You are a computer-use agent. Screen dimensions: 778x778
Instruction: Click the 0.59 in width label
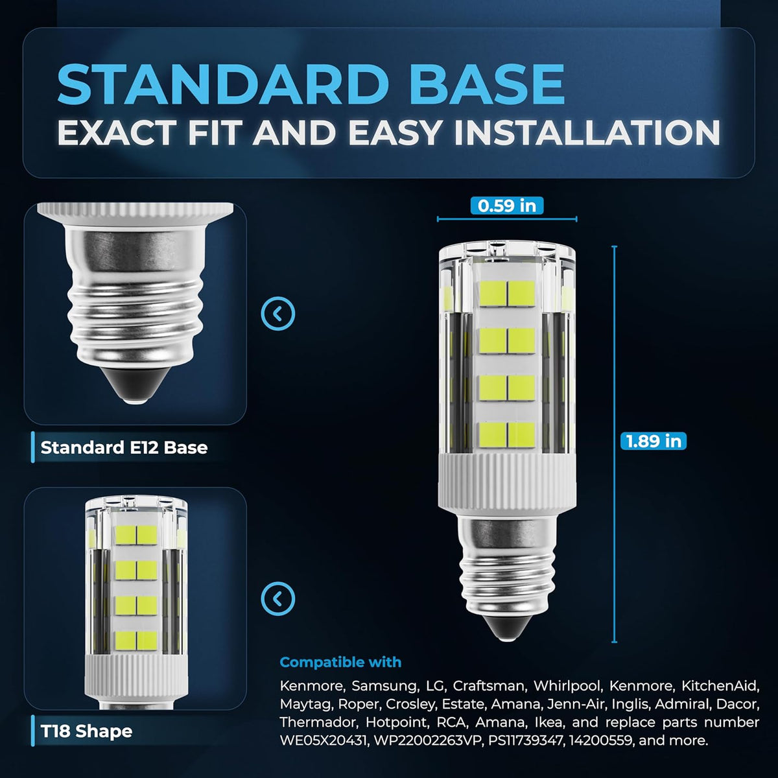click(507, 206)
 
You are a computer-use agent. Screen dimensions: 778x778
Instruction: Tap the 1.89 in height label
click(654, 440)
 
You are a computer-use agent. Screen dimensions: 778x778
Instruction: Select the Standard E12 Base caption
click(124, 447)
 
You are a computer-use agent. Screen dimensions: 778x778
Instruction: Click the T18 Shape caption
click(86, 731)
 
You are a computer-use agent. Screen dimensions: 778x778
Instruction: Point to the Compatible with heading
click(340, 662)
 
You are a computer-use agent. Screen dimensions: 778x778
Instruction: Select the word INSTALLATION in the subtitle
click(587, 132)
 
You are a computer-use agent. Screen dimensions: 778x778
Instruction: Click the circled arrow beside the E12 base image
click(277, 313)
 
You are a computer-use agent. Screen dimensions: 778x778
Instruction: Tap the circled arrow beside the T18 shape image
click(277, 598)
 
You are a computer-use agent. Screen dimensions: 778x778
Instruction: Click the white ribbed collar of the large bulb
click(507, 484)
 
